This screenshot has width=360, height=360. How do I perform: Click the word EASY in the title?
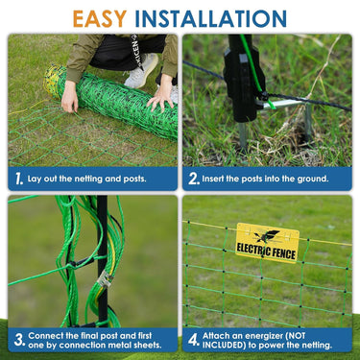100,19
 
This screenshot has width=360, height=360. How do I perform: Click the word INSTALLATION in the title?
210,19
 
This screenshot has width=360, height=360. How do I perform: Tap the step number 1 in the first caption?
19,179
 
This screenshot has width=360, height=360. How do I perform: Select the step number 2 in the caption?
194,179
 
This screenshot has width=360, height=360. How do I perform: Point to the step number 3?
19,340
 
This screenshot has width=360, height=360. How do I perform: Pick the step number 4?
194,340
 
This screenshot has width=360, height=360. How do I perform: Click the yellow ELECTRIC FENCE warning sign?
267,243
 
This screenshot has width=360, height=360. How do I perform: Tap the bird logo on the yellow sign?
267,236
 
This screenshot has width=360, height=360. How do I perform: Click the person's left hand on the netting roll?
69,97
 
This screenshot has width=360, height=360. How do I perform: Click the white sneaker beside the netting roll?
141,71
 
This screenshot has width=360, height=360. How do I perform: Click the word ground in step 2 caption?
313,179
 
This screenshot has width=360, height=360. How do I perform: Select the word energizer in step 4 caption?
263,336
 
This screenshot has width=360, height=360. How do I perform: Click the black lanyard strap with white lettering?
136,51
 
